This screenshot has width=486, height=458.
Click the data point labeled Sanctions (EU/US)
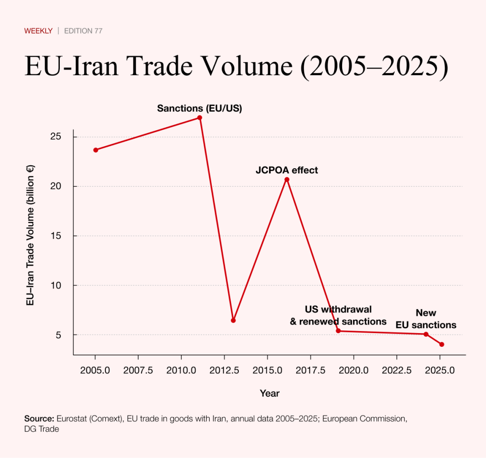coord(200,118)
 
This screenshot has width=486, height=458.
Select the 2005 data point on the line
coord(96,150)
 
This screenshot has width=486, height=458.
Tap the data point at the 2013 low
coord(233,320)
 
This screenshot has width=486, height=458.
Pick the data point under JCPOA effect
coord(287,180)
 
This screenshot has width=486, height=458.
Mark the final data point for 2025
coord(442,344)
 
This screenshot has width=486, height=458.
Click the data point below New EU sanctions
coord(426,334)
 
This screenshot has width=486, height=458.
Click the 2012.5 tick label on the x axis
coord(224,370)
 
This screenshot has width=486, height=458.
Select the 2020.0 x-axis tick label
coord(354,370)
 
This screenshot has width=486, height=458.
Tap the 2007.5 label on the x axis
coord(138,370)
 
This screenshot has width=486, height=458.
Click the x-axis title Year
coord(270,393)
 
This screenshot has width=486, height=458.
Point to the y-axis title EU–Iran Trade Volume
coord(30,236)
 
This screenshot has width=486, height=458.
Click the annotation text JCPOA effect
coord(287,170)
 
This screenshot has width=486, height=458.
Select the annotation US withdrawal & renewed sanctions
coord(338,316)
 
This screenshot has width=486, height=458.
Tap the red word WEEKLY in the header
coord(38,31)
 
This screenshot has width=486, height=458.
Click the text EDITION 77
coord(83,31)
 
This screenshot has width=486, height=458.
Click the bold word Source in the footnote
coord(39,419)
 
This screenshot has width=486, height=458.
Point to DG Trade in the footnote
coord(41,429)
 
